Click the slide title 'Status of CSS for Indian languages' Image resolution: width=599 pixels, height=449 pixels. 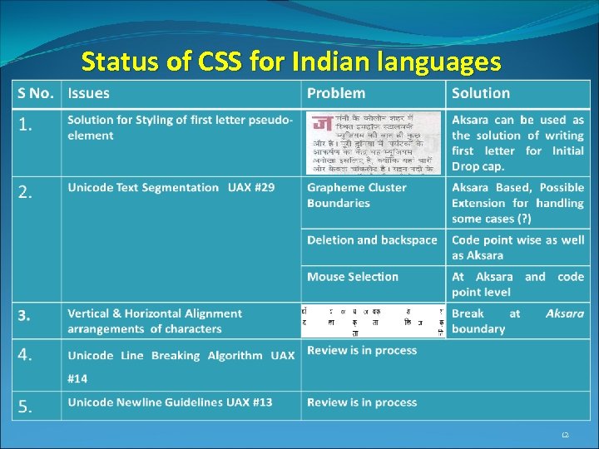[291, 62]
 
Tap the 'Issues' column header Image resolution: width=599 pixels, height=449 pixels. [88, 93]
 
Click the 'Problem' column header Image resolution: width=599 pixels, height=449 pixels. [335, 93]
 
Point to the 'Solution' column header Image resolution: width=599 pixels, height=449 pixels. [480, 93]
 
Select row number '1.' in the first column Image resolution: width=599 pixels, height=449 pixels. [27, 126]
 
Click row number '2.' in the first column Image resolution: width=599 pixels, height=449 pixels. [27, 193]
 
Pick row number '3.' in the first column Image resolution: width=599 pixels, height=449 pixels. [26, 315]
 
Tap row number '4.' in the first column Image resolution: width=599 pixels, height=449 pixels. [27, 355]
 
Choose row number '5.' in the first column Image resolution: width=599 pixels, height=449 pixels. [27, 407]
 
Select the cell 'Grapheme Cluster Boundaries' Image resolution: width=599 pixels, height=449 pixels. [357, 195]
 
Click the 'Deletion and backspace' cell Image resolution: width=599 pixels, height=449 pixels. [372, 240]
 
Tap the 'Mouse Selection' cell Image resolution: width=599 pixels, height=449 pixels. [352, 277]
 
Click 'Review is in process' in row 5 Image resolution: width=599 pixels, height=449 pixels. [362, 402]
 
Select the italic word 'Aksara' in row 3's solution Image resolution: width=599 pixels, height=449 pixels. [565, 313]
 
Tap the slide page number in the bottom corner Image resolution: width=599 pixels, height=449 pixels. [565, 435]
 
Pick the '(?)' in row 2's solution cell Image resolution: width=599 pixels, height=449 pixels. [522, 219]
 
